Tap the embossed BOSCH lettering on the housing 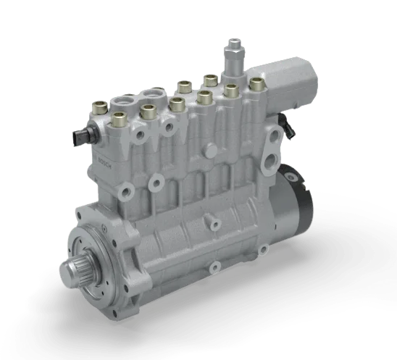click(x=104, y=163)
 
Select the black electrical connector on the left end click(x=83, y=135)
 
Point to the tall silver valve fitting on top click(x=234, y=57)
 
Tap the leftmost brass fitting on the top click(x=100, y=107)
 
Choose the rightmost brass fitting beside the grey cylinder click(x=257, y=84)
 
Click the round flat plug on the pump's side click(x=211, y=151)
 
